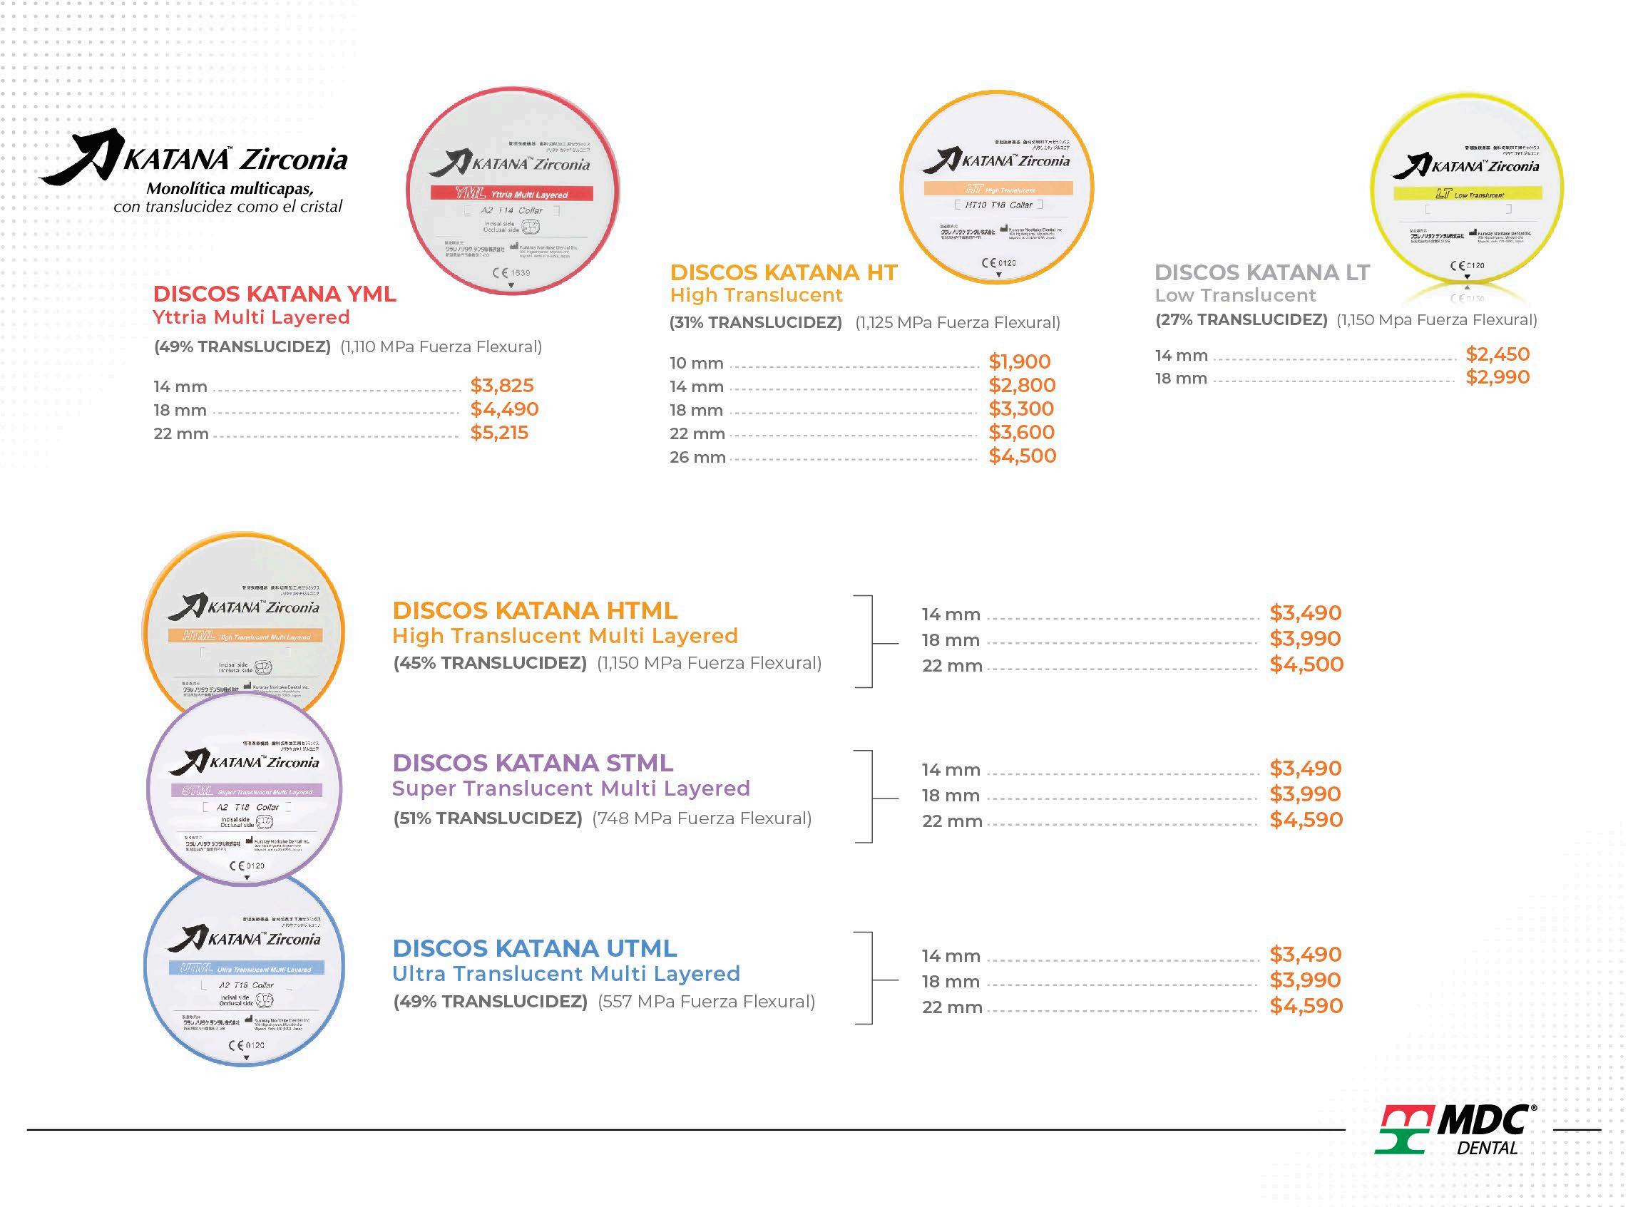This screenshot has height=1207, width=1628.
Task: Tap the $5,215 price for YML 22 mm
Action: [x=499, y=433]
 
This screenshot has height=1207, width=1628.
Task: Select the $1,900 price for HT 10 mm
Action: [x=1019, y=361]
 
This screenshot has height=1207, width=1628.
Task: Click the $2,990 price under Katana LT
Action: [x=1498, y=377]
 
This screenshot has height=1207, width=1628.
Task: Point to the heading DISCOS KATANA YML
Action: [x=275, y=294]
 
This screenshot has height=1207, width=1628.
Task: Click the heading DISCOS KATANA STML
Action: [x=533, y=763]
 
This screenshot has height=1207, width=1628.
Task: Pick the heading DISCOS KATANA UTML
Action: [x=535, y=948]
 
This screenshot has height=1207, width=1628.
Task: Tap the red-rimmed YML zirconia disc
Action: [x=512, y=192]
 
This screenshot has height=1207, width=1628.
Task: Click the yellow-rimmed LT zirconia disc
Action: [x=1467, y=192]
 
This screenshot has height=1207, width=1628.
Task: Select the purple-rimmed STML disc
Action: [x=245, y=789]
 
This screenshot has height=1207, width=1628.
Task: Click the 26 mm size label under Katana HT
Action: [x=697, y=458]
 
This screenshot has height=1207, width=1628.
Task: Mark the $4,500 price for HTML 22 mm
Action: [x=1306, y=664]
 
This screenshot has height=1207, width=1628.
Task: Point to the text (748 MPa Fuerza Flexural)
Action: [x=702, y=818]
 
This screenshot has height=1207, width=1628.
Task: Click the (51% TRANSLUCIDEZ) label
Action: [x=487, y=818]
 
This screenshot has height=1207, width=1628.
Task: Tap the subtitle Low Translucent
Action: [x=1235, y=295]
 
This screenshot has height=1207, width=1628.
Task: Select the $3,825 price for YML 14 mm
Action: [x=502, y=385]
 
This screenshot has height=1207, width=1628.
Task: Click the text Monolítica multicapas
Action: [x=230, y=188]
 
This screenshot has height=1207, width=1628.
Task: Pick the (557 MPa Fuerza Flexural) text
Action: [x=706, y=1002]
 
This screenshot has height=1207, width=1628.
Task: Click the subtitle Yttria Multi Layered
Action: [x=251, y=317]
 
